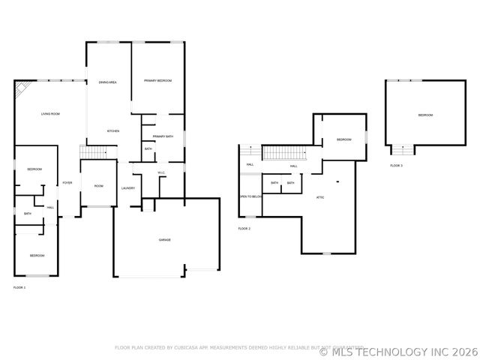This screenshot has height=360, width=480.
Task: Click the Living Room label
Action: (x=50, y=114)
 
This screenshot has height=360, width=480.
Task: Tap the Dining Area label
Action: (x=107, y=82)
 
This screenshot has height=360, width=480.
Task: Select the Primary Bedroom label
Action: (x=158, y=80)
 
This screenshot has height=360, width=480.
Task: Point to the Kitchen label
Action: (x=112, y=131)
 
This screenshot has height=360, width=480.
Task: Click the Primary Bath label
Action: (x=163, y=136)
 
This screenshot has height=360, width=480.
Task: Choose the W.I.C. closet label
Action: (x=161, y=173)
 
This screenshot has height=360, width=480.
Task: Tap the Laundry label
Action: (x=128, y=187)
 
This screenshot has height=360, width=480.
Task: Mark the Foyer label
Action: (x=67, y=183)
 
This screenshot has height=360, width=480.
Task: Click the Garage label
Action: (x=164, y=240)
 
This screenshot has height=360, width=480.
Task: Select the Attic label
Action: (x=320, y=196)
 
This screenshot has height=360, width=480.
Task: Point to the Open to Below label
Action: (x=250, y=196)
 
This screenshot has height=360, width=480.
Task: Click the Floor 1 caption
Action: (x=19, y=287)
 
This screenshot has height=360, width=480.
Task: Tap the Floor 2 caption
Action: (x=244, y=228)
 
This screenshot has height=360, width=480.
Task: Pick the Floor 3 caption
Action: (x=396, y=165)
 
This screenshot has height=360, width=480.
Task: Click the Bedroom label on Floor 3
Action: (x=425, y=115)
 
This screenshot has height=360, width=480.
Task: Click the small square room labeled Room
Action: (x=98, y=185)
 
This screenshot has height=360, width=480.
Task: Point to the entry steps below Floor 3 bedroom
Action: (x=403, y=150)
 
